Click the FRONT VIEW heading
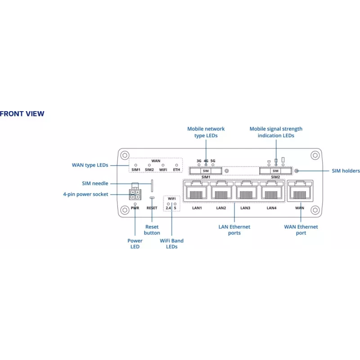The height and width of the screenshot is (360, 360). click(x=22, y=114)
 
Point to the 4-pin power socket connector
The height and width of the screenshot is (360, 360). click(x=135, y=194)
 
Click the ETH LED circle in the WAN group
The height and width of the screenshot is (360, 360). click(x=176, y=165)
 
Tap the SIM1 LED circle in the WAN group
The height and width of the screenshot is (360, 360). click(x=136, y=165)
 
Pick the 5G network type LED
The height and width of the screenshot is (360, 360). click(x=213, y=165)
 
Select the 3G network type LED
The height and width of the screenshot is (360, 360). click(x=199, y=165)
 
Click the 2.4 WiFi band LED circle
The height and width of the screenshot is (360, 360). click(x=168, y=204)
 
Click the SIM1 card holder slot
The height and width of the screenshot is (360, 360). click(x=206, y=171)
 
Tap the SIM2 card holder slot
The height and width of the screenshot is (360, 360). click(x=275, y=171)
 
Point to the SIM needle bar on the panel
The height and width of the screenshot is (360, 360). click(x=152, y=186)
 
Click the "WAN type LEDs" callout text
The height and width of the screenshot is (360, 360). click(x=90, y=165)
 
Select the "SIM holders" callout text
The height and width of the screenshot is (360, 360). click(x=346, y=171)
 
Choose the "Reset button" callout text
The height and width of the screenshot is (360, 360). click(x=152, y=230)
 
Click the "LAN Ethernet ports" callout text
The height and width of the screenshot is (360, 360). click(x=234, y=230)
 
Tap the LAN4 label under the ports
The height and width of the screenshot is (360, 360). click(x=272, y=208)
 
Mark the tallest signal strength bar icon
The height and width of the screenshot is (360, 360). click(x=283, y=160)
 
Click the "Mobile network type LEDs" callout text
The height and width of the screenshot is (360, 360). click(x=206, y=132)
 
